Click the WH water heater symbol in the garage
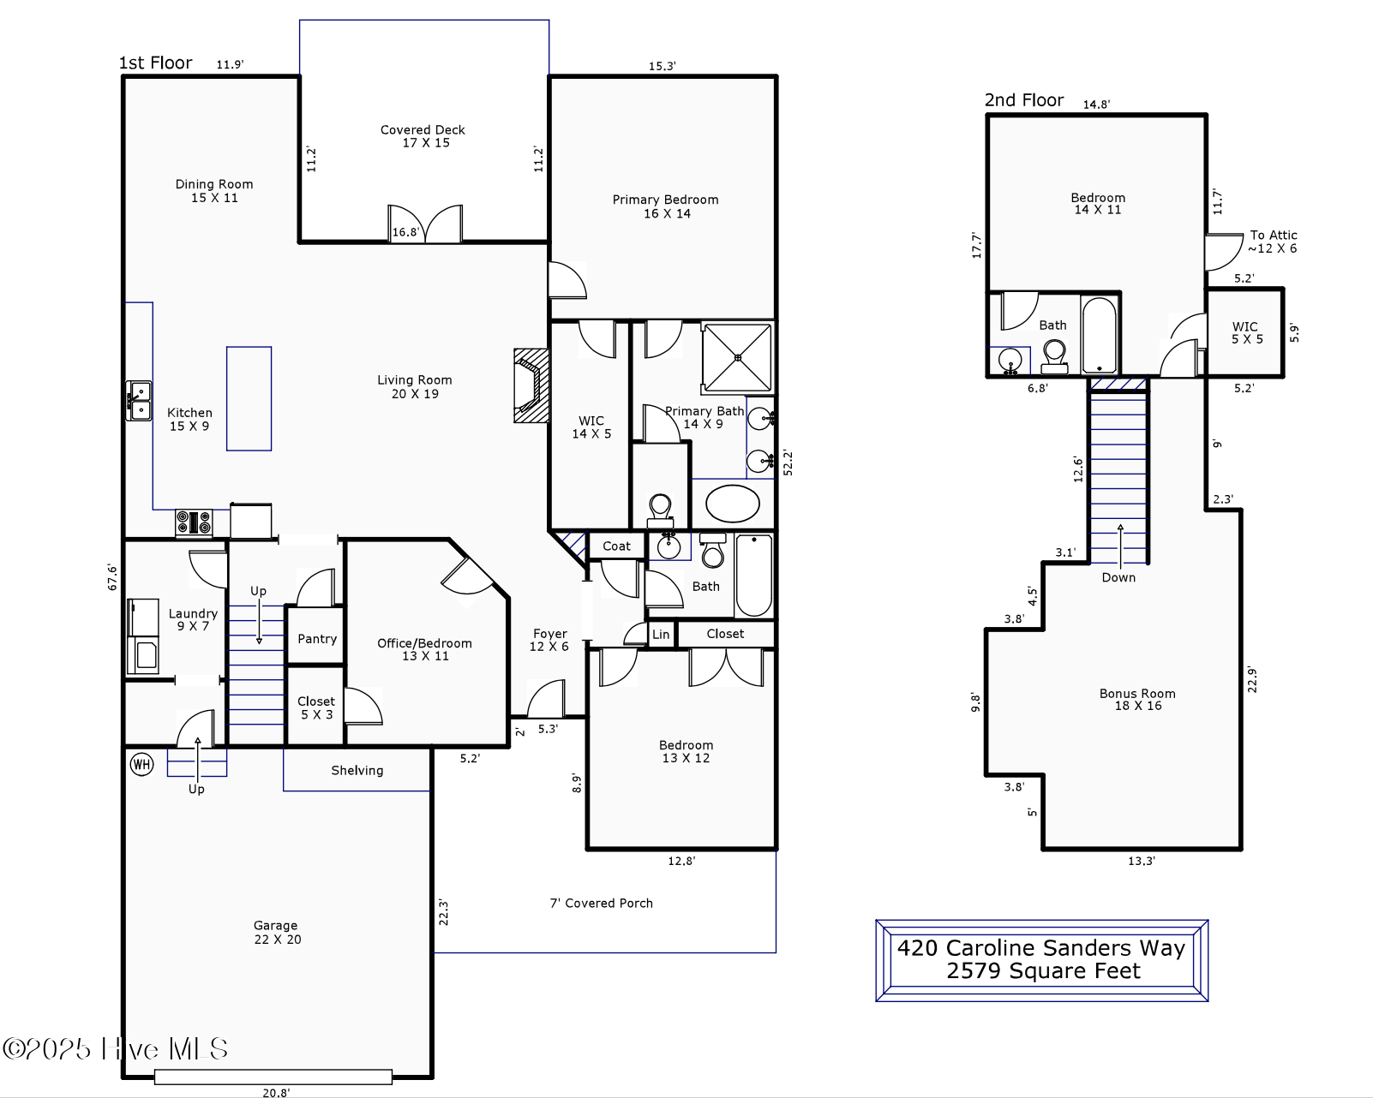(x=141, y=764)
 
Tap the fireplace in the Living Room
(x=531, y=385)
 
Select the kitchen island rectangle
(x=249, y=398)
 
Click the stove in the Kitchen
(x=194, y=522)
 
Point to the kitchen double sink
(x=139, y=401)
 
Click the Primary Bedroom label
(x=665, y=206)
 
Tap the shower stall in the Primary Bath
(x=737, y=357)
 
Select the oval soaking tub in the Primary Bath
(x=733, y=504)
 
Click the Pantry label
(x=316, y=639)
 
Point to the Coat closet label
(x=616, y=546)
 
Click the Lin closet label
(x=661, y=635)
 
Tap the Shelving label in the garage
(x=357, y=770)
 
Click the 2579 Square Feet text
(x=1042, y=971)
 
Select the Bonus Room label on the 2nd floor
(x=1137, y=700)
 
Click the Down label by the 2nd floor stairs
(x=1118, y=577)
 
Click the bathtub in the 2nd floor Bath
(x=1100, y=334)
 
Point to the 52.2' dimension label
(x=788, y=462)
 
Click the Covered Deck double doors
(x=425, y=224)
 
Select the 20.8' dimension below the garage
(x=276, y=1092)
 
